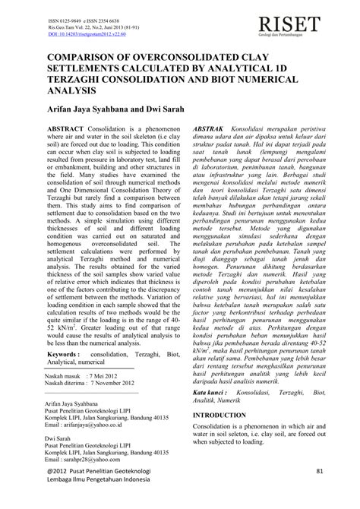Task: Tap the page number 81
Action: click(318, 494)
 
